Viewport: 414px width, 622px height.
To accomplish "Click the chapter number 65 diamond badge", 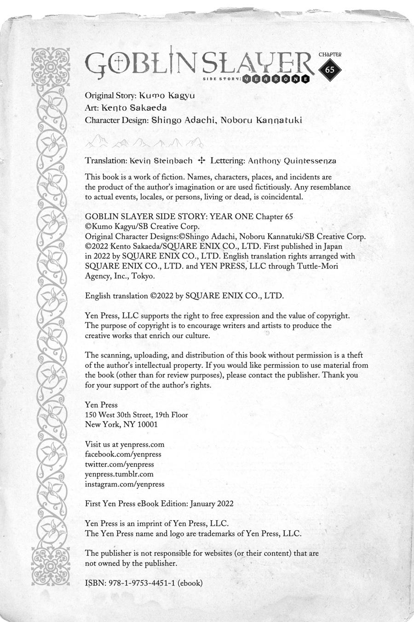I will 330,70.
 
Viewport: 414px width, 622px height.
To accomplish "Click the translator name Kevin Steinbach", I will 161,161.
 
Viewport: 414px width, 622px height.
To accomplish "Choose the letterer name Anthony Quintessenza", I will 292,161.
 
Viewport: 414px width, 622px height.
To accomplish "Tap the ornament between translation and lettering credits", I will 201,161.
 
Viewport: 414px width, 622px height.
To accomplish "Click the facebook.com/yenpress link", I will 123,454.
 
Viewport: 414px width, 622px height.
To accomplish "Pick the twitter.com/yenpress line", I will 120,464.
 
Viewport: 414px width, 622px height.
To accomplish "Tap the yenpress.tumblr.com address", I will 119,474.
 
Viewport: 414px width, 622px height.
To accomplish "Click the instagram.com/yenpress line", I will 125,484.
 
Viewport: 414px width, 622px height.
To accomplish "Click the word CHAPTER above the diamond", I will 330,54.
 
